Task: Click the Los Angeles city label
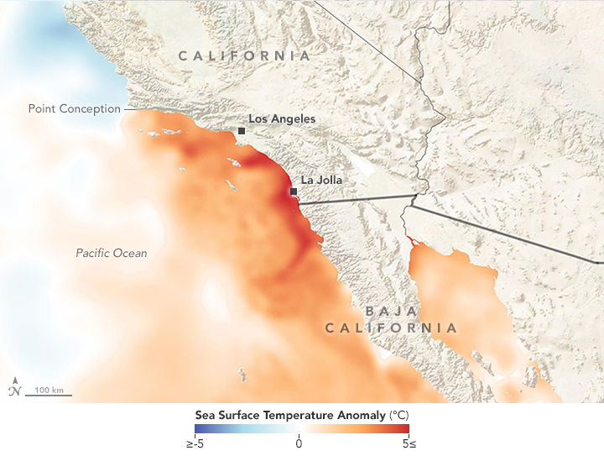(282, 118)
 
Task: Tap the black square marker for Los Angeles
(242, 131)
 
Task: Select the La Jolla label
(321, 180)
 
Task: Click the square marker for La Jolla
(293, 192)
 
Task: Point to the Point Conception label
(74, 109)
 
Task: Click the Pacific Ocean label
(111, 253)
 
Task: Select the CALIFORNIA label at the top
(243, 55)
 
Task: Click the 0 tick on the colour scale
(299, 443)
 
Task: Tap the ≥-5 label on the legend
(195, 443)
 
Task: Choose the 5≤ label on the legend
(408, 443)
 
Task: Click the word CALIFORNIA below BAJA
(392, 328)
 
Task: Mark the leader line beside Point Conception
(126, 109)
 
